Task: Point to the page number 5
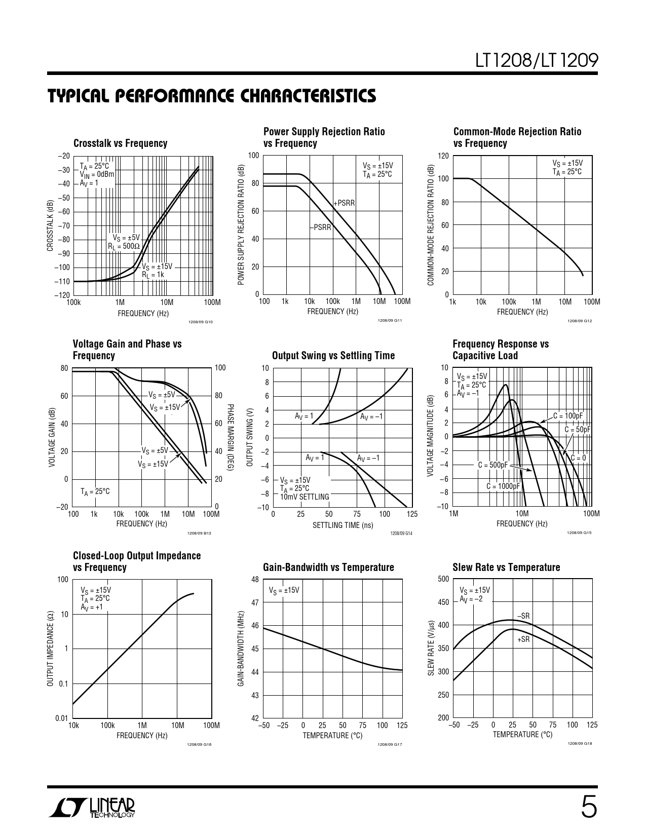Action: click(589, 807)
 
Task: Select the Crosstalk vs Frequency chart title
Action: click(120, 143)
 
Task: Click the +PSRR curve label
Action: click(344, 203)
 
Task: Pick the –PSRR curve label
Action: click(320, 227)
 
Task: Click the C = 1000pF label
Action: click(503, 486)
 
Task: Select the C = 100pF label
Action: click(568, 416)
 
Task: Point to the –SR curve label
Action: click(523, 616)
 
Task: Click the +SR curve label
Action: click(523, 639)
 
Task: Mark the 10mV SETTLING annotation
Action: click(305, 497)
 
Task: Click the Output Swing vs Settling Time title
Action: click(333, 356)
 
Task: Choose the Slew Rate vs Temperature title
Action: click(506, 567)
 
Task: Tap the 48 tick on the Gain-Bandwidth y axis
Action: click(255, 580)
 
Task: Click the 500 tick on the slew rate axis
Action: click(443, 579)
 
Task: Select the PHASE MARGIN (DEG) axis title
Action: click(230, 437)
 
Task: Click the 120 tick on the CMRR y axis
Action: click(443, 156)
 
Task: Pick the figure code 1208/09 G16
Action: click(199, 744)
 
